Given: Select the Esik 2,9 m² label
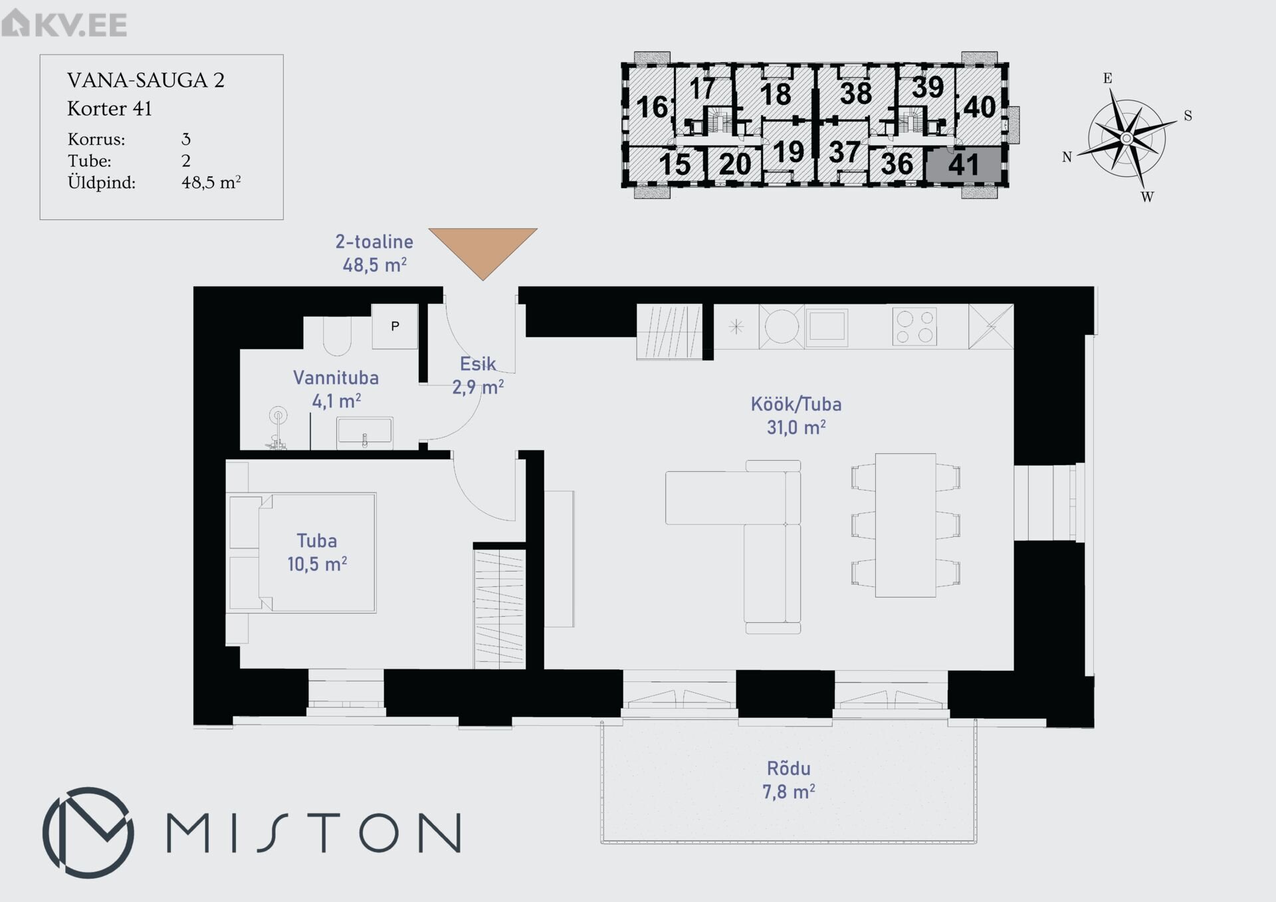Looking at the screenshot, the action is (478, 376).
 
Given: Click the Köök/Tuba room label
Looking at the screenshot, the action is (796, 415).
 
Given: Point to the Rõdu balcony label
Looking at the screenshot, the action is (789, 780).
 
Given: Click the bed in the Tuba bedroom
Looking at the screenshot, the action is (302, 552).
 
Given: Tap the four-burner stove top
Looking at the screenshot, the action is (914, 327).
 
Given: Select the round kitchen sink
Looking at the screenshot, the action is (782, 326).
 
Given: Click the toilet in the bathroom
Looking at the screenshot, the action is (337, 336).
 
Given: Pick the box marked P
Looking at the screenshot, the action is (395, 326).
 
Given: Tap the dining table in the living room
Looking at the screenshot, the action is (905, 525).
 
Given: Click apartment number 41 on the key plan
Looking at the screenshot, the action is (963, 165).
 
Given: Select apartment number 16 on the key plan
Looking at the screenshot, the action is (652, 107).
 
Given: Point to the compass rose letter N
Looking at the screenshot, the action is (1067, 158).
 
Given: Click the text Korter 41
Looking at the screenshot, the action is (110, 108).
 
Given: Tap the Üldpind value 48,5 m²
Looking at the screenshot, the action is (211, 182).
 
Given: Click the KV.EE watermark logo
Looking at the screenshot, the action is (64, 24).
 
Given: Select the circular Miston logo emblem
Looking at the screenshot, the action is (88, 832).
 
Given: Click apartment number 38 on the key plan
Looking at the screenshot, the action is (855, 94).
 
